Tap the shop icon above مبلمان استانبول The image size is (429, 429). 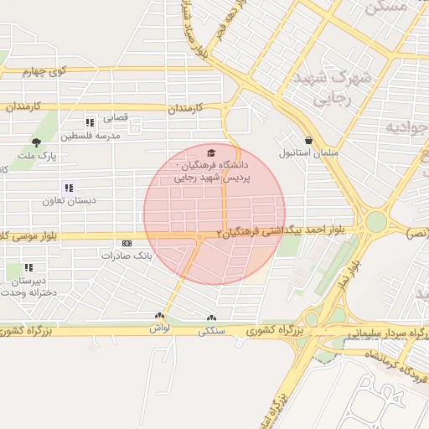click(x=309, y=140)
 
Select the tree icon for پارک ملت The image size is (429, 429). click(x=35, y=142)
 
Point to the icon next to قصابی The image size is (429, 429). click(x=90, y=121)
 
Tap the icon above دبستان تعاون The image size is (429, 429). click(x=68, y=188)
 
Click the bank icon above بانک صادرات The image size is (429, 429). click(x=126, y=243)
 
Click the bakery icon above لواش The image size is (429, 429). click(x=158, y=317)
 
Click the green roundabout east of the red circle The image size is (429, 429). click(x=376, y=221)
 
